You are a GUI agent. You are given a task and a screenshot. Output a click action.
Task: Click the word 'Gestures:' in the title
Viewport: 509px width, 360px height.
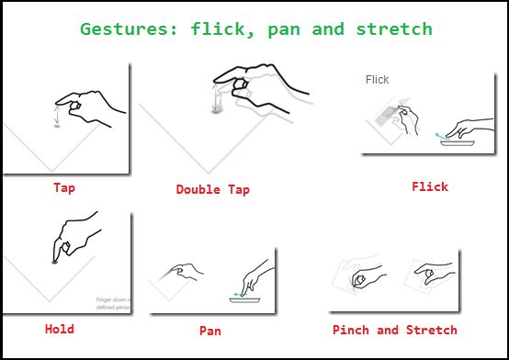pyautogui.click(x=128, y=28)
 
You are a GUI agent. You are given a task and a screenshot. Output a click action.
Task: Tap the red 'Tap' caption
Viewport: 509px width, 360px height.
pyautogui.click(x=64, y=187)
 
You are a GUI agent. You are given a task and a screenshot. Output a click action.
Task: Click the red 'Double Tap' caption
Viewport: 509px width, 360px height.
pyautogui.click(x=212, y=190)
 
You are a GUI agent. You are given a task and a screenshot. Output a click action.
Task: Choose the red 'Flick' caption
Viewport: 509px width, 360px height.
pyautogui.click(x=430, y=186)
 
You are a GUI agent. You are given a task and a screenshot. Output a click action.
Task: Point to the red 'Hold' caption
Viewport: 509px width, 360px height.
pyautogui.click(x=60, y=328)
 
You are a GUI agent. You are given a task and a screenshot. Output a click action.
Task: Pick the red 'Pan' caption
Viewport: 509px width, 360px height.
pyautogui.click(x=209, y=330)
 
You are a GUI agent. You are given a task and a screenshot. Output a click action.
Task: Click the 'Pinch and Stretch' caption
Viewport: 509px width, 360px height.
pyautogui.click(x=395, y=330)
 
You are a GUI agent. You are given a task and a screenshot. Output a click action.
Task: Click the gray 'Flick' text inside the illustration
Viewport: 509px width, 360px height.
pyautogui.click(x=378, y=80)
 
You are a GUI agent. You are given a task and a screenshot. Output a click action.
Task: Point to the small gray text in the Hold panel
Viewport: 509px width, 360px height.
pyautogui.click(x=112, y=304)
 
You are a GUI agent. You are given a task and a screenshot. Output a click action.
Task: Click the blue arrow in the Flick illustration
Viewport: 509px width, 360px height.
pyautogui.click(x=441, y=135)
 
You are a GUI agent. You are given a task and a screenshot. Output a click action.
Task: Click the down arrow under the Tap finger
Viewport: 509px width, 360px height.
pyautogui.click(x=57, y=116)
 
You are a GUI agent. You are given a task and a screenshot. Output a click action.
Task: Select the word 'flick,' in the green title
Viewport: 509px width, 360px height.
pyautogui.click(x=221, y=28)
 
